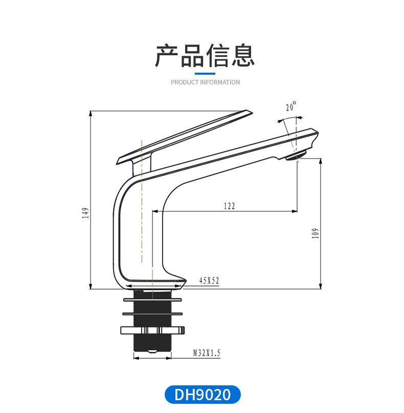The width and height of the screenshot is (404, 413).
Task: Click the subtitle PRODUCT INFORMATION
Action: pyautogui.click(x=205, y=82)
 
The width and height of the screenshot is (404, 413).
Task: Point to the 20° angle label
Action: pyautogui.click(x=291, y=107)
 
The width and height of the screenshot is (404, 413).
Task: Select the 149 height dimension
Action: pyautogui.click(x=86, y=212)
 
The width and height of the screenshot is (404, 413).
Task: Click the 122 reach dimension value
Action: pyautogui.click(x=229, y=206)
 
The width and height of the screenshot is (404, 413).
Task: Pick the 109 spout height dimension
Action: pyautogui.click(x=315, y=233)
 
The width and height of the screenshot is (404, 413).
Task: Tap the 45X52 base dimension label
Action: pyautogui.click(x=209, y=280)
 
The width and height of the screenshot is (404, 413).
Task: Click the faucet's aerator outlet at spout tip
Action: pyautogui.click(x=296, y=156)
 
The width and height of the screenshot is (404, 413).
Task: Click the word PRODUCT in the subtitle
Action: pyautogui.click(x=184, y=82)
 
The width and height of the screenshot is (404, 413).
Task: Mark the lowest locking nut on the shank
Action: pyautogui.click(x=152, y=330)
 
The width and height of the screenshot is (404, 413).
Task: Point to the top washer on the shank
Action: pyautogui.click(x=152, y=299)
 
